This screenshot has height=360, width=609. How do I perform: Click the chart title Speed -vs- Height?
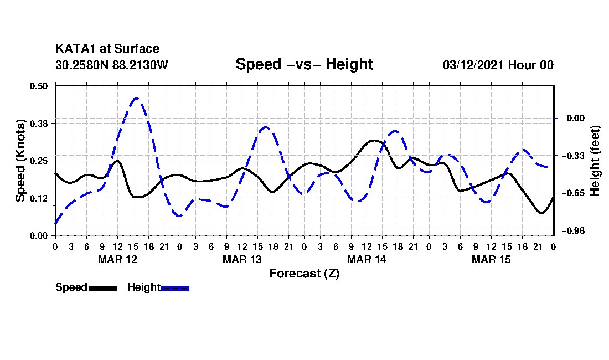pyautogui.click(x=304, y=64)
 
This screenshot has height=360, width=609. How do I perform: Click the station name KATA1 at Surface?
pyautogui.click(x=107, y=49)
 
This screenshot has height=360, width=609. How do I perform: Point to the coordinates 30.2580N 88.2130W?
pyautogui.click(x=112, y=65)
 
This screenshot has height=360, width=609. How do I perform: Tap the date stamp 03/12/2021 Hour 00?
pyautogui.click(x=498, y=65)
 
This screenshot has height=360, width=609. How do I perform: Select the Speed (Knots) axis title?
pyautogui.click(x=20, y=161)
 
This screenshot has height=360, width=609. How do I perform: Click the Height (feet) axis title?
pyautogui.click(x=595, y=161)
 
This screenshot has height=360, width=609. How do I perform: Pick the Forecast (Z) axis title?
pyautogui.click(x=304, y=274)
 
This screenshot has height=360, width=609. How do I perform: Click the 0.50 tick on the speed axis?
pyautogui.click(x=39, y=86)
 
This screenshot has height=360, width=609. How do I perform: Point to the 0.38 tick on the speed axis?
pyautogui.click(x=39, y=124)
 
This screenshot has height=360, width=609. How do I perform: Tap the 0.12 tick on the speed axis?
pyautogui.click(x=39, y=198)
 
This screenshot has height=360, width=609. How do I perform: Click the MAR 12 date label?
pyautogui.click(x=118, y=259)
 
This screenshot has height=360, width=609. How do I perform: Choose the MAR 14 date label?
pyautogui.click(x=367, y=259)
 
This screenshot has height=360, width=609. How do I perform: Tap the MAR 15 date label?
pyautogui.click(x=491, y=259)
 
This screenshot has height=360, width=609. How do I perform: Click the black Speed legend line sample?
pyautogui.click(x=104, y=288)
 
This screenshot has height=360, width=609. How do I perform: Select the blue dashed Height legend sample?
pyautogui.click(x=175, y=288)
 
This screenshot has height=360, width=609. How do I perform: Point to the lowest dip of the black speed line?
pyautogui.click(x=541, y=213)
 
